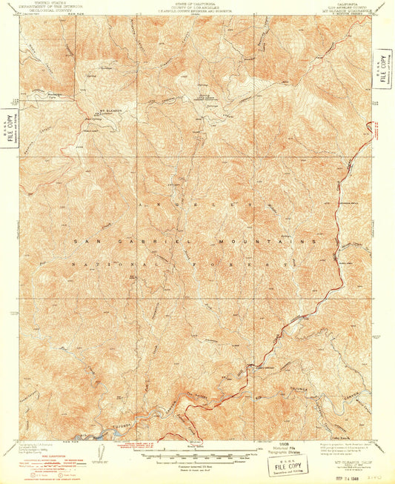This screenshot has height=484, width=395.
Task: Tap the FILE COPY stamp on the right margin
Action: (x=382, y=70)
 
